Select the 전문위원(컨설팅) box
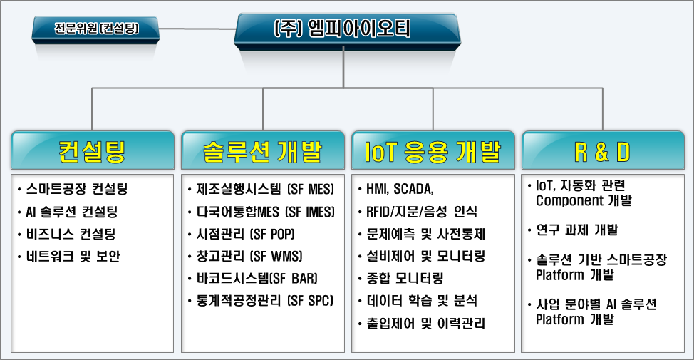pos(96,29)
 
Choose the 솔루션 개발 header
pos(263,150)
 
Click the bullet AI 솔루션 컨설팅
pos(71,212)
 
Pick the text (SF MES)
pos(309,190)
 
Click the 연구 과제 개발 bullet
pos(576,230)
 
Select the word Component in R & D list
pos(568,200)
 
